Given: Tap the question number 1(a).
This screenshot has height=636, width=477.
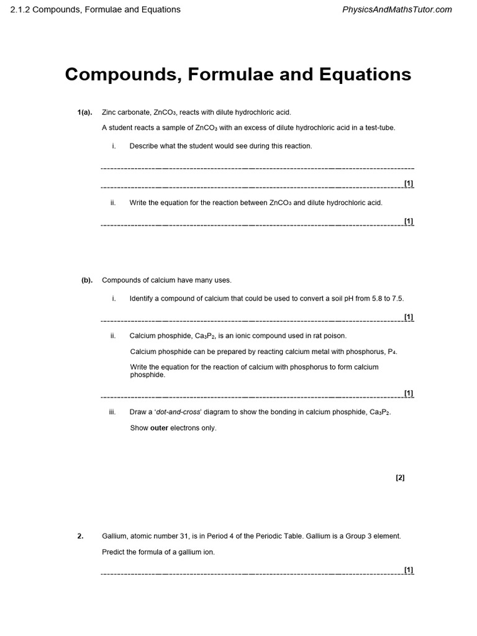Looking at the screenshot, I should click(84, 112).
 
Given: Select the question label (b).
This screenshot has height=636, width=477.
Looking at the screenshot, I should click(87, 280).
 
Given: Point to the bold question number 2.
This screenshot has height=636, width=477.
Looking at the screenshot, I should click(80, 536).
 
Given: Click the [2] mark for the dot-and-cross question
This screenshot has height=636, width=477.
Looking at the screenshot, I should click(400, 478).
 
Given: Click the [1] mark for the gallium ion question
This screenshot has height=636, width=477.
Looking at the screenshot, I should click(409, 570).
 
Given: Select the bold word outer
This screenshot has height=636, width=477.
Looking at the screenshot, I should click(159, 428).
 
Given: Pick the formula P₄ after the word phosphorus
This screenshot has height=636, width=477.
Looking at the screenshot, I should click(392, 352).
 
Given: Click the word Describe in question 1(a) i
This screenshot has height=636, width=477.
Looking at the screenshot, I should click(143, 146).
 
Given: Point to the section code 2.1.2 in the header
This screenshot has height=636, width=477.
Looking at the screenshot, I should click(20, 9).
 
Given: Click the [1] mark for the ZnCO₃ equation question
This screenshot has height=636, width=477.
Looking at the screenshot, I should click(409, 220).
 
